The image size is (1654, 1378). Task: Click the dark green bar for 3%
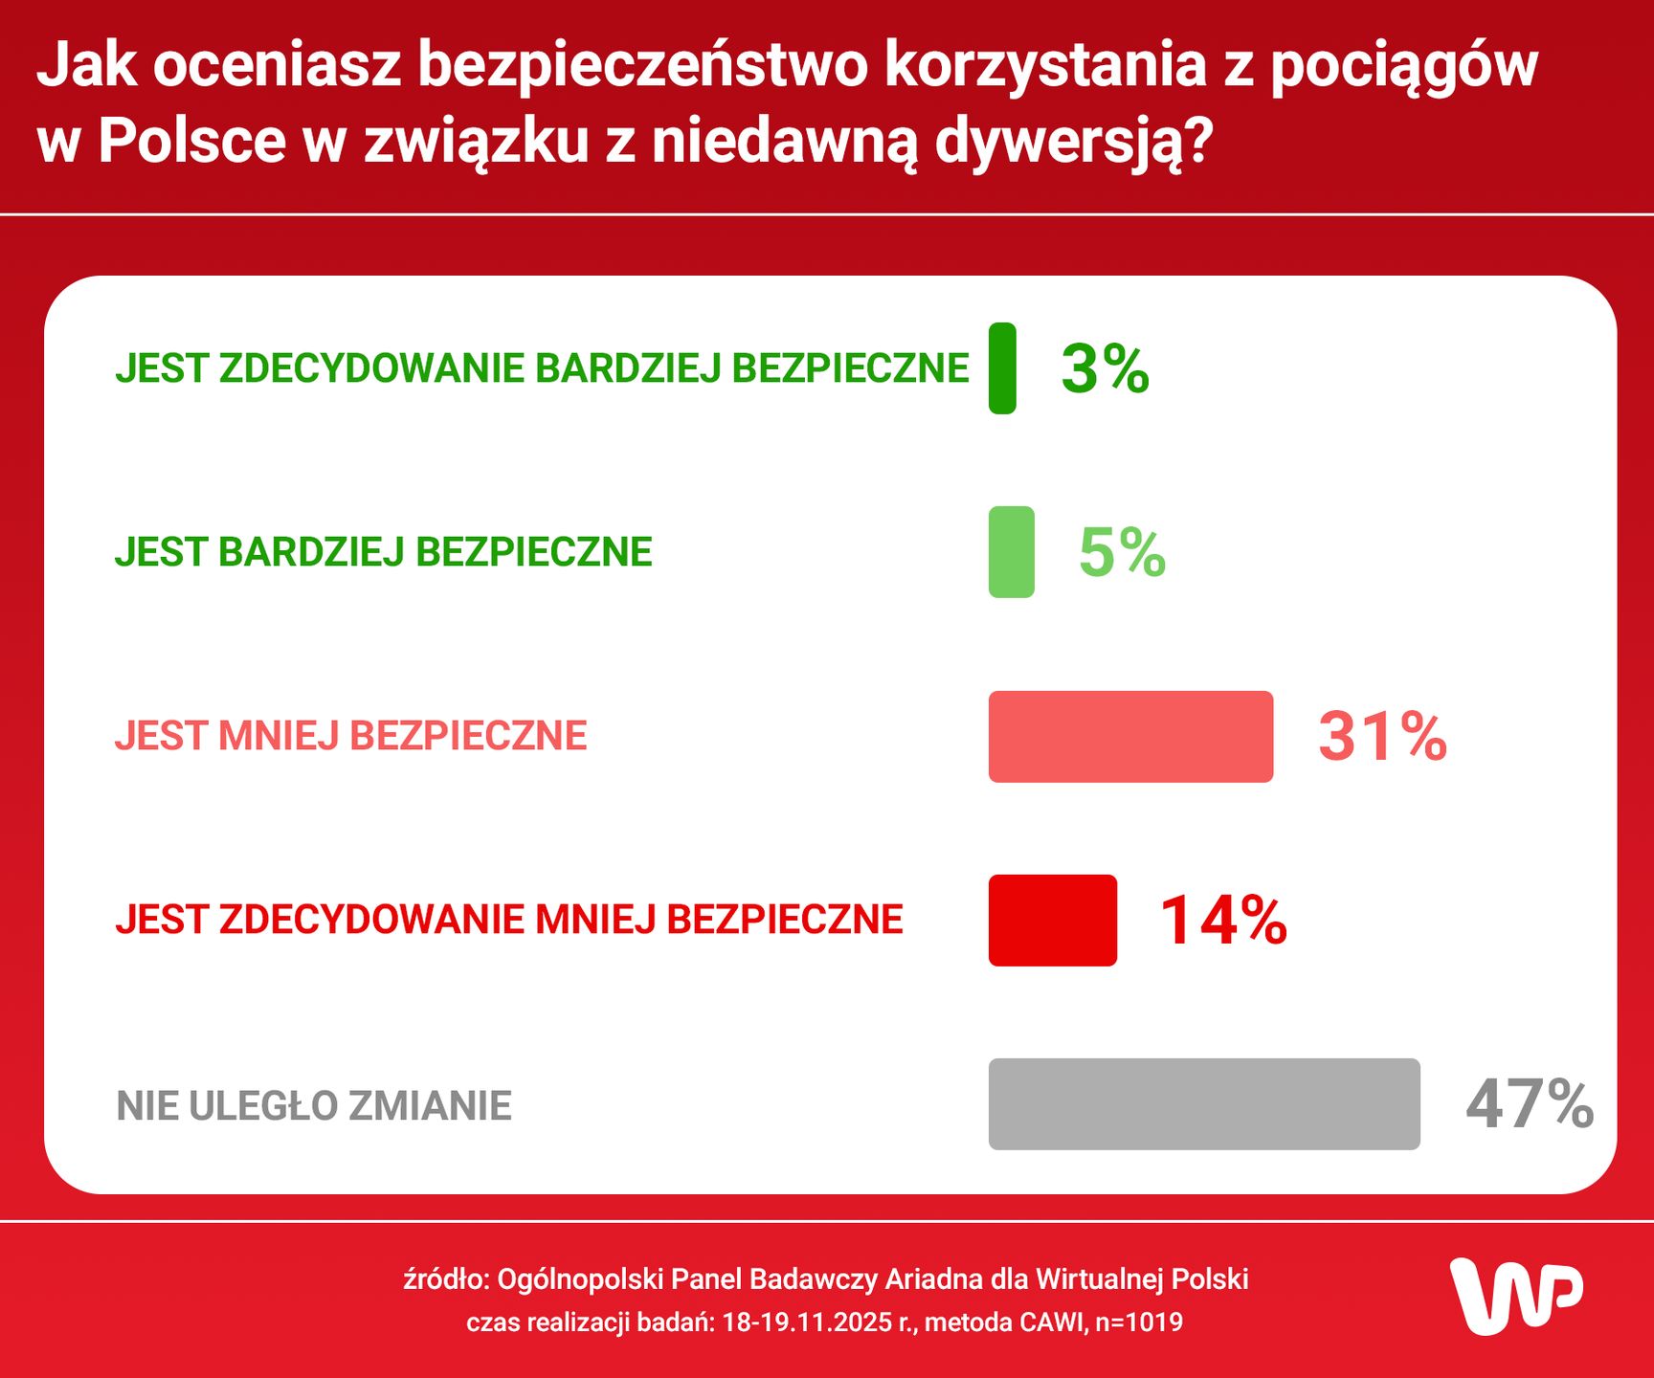point(1002,368)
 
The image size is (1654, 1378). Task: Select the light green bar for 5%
point(1011,552)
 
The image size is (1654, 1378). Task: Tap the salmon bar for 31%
point(1130,736)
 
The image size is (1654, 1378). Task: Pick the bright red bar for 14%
point(1052,920)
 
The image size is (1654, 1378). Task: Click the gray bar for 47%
point(1203,1103)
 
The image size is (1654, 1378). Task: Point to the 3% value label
point(1105,368)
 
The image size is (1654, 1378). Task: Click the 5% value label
point(1122,552)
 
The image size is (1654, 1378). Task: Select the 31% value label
point(1382,736)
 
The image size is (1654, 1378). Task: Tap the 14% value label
point(1223,920)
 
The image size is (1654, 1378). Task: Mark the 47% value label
point(1529,1103)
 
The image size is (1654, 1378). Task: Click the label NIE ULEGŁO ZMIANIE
point(314,1106)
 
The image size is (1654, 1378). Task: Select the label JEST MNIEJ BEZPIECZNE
point(350,736)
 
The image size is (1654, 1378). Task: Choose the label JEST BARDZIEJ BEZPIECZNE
point(383,552)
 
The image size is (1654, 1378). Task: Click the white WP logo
point(1515,1296)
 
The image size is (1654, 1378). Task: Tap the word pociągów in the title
point(1404,66)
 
